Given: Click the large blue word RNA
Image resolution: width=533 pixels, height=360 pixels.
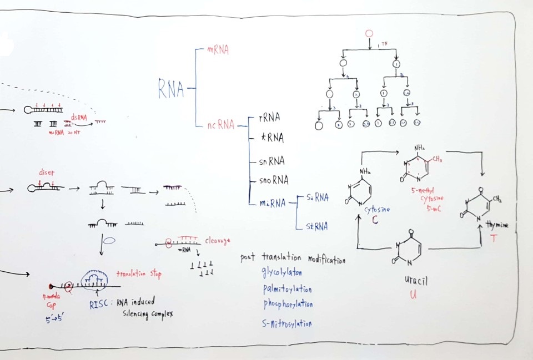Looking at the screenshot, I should [x=171, y=88].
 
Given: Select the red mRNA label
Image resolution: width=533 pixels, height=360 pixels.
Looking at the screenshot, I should [x=218, y=50].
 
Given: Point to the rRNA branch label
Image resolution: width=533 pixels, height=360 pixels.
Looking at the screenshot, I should [x=269, y=118].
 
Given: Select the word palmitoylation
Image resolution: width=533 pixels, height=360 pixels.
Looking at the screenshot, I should [x=287, y=289].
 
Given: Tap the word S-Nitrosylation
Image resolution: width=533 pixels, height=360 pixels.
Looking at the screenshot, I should [x=286, y=323].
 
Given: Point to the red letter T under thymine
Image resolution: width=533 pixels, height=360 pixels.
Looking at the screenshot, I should [x=492, y=238].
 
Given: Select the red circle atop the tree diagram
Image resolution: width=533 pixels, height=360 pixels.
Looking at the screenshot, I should [x=369, y=34].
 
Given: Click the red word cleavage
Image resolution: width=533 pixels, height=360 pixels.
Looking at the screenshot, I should [x=217, y=241].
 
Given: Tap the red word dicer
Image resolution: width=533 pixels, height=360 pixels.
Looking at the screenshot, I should [x=46, y=172].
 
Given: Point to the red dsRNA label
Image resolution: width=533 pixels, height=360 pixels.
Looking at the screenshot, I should [x=79, y=117].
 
